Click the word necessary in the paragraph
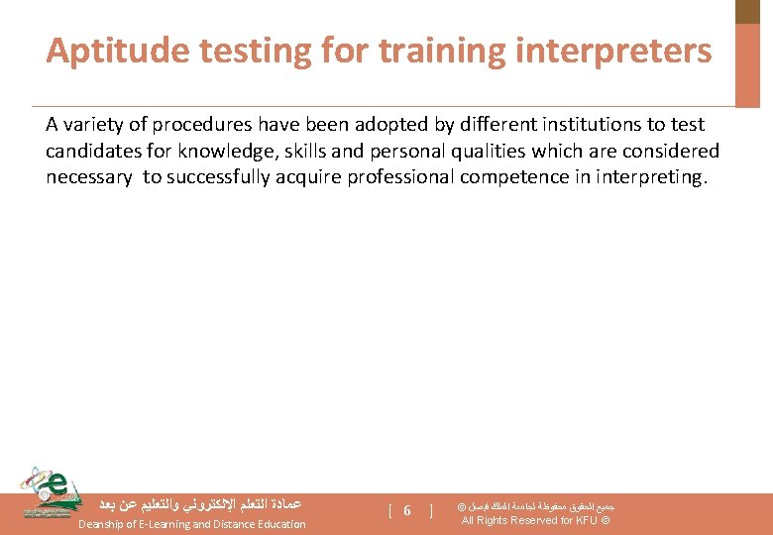(88, 178)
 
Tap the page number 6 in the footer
(407, 510)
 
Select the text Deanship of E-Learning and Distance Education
(192, 524)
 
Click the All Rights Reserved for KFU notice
(535, 521)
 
